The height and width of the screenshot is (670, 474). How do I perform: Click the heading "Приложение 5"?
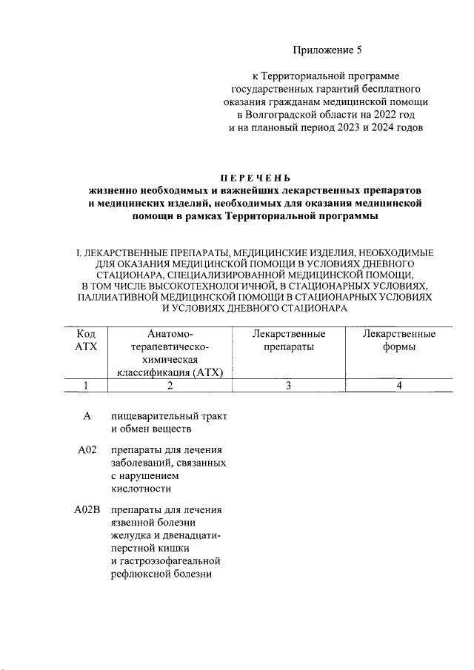coord(326,50)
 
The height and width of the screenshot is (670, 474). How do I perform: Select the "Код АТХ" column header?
coord(87,341)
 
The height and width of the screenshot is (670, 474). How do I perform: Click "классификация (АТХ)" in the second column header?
coord(170,372)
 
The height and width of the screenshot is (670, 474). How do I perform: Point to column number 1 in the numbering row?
coord(87,385)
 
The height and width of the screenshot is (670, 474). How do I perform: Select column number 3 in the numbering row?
coord(289,385)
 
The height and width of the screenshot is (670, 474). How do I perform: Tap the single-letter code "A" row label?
coord(87,417)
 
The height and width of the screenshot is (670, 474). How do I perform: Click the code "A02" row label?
coord(87,451)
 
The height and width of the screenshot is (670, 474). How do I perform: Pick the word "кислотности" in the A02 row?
coord(141,489)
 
